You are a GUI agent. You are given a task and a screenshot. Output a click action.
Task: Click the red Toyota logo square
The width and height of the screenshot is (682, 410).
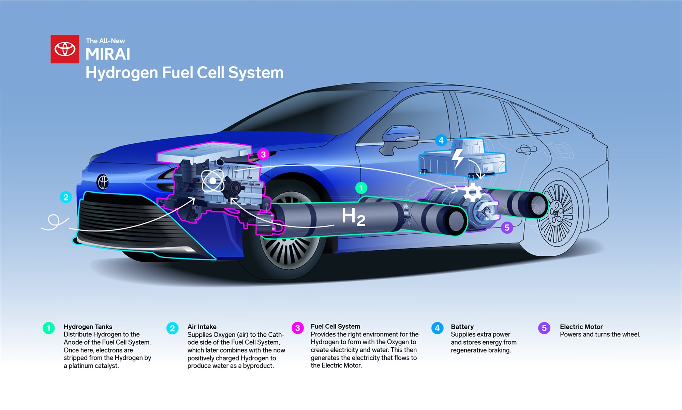(x=65, y=49)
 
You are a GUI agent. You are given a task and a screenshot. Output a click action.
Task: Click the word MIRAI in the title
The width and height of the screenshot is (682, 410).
(x=108, y=54)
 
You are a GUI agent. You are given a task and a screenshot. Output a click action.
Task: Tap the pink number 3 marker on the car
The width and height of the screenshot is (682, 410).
(x=263, y=154)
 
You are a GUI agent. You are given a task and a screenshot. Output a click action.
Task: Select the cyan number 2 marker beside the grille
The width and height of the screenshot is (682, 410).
(x=66, y=197)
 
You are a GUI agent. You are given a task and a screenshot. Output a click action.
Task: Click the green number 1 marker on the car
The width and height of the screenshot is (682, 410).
(x=361, y=188)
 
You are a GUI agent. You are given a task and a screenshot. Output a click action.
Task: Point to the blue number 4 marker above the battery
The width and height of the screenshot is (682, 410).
(x=441, y=140)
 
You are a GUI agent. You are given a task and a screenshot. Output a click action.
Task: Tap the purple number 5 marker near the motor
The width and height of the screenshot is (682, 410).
(x=507, y=227)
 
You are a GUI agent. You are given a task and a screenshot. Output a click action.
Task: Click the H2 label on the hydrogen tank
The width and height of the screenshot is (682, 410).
(x=353, y=217)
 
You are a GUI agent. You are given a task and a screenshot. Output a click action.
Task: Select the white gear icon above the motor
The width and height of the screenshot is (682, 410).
(x=473, y=192)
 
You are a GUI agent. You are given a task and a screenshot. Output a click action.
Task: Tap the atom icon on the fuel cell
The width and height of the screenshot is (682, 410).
(x=213, y=181)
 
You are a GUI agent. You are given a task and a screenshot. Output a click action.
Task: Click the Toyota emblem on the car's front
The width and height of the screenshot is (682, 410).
(x=103, y=182)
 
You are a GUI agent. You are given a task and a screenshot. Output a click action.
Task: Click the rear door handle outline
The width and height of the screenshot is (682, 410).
(x=526, y=149)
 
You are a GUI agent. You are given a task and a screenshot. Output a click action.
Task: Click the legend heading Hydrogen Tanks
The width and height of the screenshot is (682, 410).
(x=88, y=327)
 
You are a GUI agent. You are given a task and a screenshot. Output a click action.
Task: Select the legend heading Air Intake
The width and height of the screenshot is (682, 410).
(x=202, y=327)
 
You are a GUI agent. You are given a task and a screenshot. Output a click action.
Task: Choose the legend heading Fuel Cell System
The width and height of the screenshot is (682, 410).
(x=335, y=326)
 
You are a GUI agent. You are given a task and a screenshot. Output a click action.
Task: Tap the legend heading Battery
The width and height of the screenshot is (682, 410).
(x=462, y=327)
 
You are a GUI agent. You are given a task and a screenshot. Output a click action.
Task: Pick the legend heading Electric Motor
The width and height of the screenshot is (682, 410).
(x=581, y=327)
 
